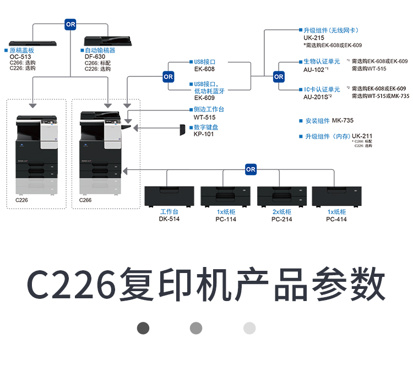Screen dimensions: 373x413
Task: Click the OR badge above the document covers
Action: (70, 24)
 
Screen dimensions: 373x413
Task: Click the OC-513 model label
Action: (21, 57)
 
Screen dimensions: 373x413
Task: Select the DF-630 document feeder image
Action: (104, 41)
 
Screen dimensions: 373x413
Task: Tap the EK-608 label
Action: (204, 69)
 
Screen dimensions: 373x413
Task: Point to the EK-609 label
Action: (204, 98)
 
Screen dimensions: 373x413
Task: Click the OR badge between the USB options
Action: (168, 77)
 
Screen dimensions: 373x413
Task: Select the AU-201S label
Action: (316, 97)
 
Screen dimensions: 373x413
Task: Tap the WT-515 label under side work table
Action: (204, 117)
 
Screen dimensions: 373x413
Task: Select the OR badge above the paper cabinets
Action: (251, 169)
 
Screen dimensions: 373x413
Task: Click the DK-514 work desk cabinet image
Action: (170, 196)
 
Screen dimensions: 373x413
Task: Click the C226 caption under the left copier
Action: (21, 201)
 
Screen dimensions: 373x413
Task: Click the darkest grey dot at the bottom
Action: (143, 328)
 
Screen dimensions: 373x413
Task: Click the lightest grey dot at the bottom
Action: (249, 328)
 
